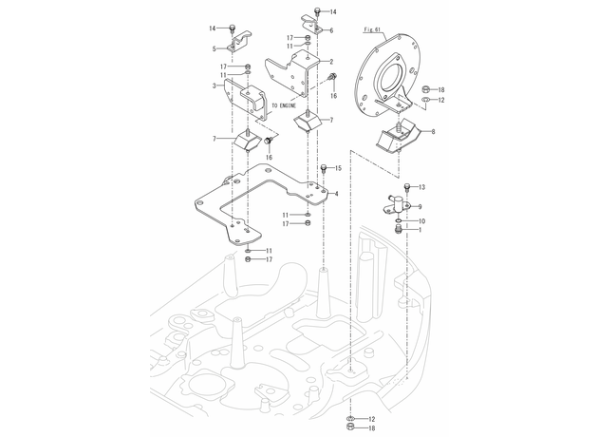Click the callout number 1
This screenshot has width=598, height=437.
point(420,230)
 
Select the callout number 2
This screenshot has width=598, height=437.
point(331,62)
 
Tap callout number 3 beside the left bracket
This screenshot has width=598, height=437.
point(215,85)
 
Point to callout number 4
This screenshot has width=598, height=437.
point(336,194)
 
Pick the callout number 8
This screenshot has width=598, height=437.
point(433,132)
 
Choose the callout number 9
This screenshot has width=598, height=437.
point(420,207)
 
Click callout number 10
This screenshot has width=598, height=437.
point(421,221)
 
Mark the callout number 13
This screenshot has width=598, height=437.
point(421,187)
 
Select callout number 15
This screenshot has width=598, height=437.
point(338,168)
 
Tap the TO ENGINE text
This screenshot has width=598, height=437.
point(284,105)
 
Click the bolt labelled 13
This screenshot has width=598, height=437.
point(406,187)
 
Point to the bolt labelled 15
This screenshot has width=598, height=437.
point(324,168)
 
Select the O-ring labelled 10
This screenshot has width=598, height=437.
point(399,221)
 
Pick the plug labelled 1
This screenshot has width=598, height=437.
point(399,230)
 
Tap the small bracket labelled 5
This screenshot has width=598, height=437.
point(238,42)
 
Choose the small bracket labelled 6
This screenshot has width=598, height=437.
point(312,24)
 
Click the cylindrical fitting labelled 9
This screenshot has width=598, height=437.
point(397,204)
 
